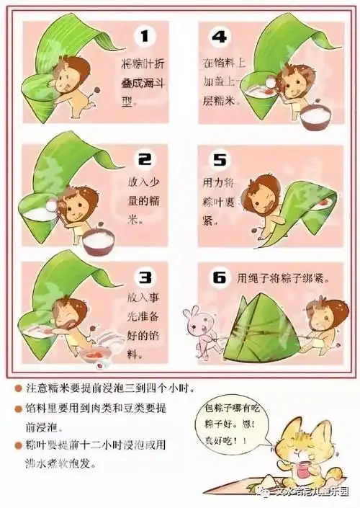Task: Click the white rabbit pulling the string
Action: point(196,328)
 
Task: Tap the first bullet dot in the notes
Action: point(17,388)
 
